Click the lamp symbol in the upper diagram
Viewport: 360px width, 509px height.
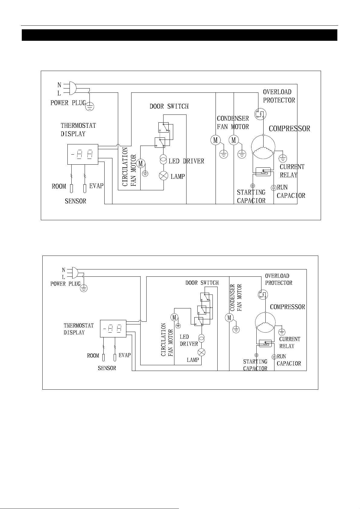(164, 176)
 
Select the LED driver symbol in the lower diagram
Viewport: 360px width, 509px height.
(202, 338)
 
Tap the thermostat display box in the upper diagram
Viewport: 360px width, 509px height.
(83, 154)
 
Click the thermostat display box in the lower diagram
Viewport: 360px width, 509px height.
(113, 329)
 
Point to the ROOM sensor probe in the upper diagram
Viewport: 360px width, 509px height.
(71, 188)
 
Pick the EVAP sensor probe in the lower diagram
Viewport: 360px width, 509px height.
(115, 357)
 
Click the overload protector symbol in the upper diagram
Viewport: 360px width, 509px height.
(260, 114)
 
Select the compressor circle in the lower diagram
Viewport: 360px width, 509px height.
(265, 322)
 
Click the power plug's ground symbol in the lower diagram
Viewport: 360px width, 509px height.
(84, 288)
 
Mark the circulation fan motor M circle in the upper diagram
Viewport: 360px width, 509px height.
(141, 163)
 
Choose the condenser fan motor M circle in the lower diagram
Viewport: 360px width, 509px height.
(229, 318)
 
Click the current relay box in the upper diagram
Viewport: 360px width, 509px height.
(263, 172)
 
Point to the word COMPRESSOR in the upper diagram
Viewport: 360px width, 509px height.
(289, 129)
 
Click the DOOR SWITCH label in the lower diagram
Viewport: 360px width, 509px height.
(202, 283)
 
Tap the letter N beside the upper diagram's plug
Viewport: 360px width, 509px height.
(59, 85)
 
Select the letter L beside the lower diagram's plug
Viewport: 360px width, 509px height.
(64, 277)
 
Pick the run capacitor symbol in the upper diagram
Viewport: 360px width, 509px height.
(274, 188)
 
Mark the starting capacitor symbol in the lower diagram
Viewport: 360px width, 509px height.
(256, 355)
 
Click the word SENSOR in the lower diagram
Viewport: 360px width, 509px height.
(107, 368)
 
